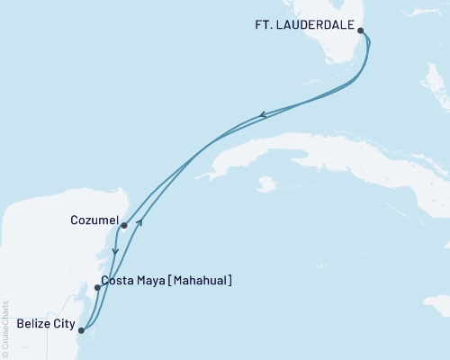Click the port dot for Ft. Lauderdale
(361, 31)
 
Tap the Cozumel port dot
(123, 226)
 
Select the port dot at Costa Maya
(97, 288)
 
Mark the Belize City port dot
(81, 330)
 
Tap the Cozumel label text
(93, 219)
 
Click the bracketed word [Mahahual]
(199, 281)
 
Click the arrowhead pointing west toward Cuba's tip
(262, 114)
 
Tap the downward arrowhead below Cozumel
(115, 252)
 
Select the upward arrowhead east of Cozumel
(139, 220)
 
